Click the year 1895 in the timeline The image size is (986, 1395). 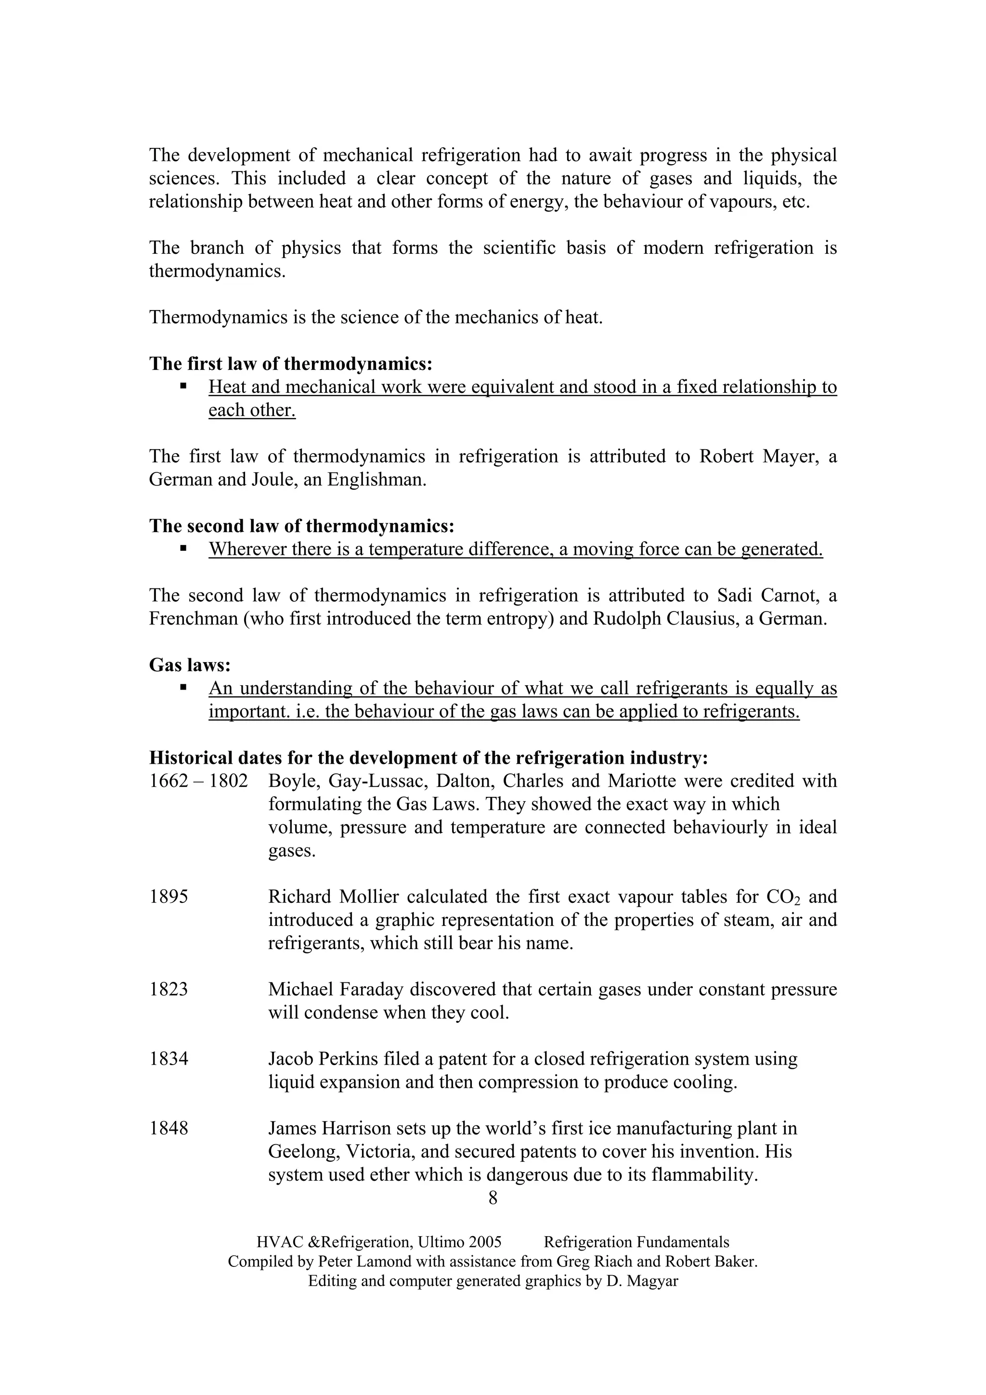pyautogui.click(x=169, y=897)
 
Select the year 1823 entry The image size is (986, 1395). pyautogui.click(x=169, y=990)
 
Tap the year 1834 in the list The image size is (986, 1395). pyautogui.click(x=169, y=1059)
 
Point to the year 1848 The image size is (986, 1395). pyautogui.click(x=169, y=1128)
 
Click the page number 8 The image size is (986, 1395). pyautogui.click(x=493, y=1198)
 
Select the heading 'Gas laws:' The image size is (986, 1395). pyautogui.click(x=190, y=665)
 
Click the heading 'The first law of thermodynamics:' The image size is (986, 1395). pyautogui.click(x=290, y=364)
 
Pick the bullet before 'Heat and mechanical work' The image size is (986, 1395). pyautogui.click(x=183, y=386)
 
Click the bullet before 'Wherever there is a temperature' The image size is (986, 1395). pyautogui.click(x=183, y=548)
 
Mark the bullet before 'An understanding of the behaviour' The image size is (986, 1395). pyautogui.click(x=183, y=687)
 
